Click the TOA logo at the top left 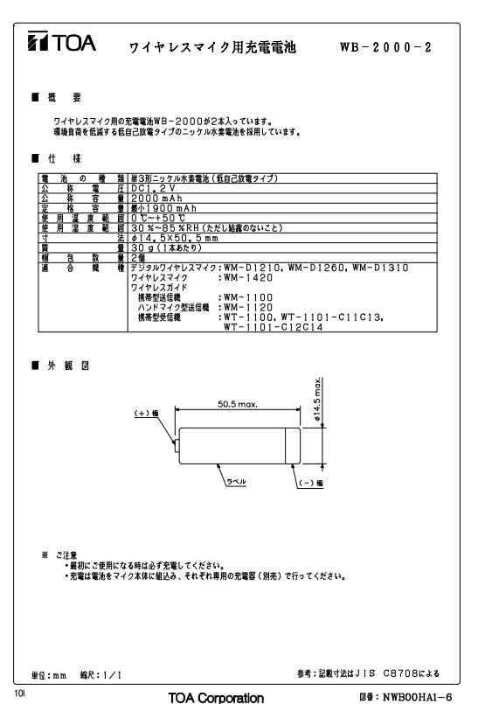pyautogui.click(x=61, y=41)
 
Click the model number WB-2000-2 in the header pyautogui.click(x=385, y=47)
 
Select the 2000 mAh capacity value pyautogui.click(x=156, y=199)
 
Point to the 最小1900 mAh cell pyautogui.click(x=163, y=208)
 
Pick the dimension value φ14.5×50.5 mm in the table pyautogui.click(x=175, y=238)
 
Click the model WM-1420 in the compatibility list pyautogui.click(x=248, y=278)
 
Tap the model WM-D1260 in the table pyautogui.click(x=316, y=268)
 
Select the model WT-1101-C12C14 pyautogui.click(x=274, y=327)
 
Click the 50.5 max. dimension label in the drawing pyautogui.click(x=238, y=404)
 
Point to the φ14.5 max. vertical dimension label pyautogui.click(x=318, y=399)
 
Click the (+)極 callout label pyautogui.click(x=146, y=413)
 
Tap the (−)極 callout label pyautogui.click(x=310, y=483)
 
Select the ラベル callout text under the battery pyautogui.click(x=236, y=482)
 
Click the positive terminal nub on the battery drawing pyautogui.click(x=177, y=446)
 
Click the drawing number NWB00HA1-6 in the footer pyautogui.click(x=417, y=697)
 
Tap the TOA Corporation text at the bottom pyautogui.click(x=216, y=698)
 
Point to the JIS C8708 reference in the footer pyautogui.click(x=384, y=673)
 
